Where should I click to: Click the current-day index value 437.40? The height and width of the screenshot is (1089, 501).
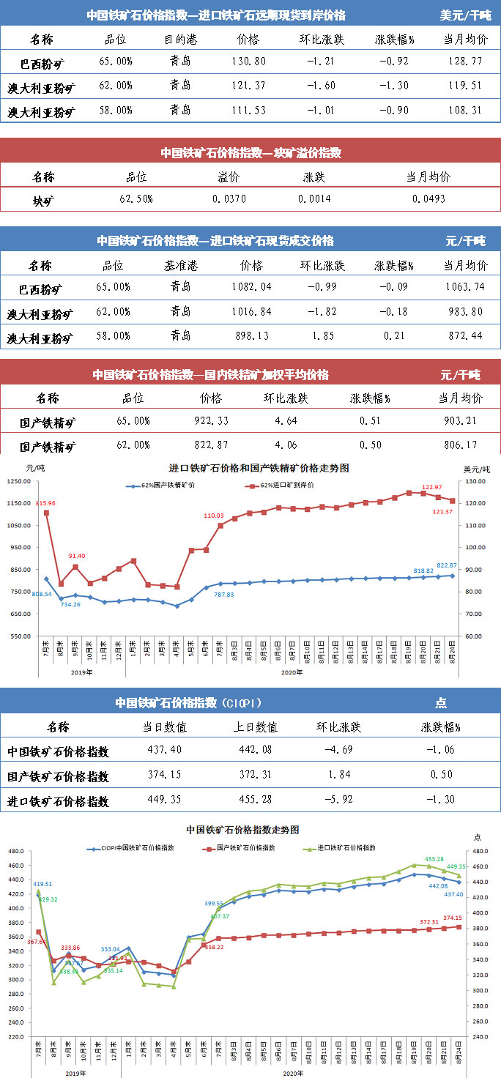click(x=164, y=751)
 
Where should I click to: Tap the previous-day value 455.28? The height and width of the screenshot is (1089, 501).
click(x=259, y=800)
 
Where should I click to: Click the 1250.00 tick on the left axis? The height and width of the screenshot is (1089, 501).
click(x=20, y=481)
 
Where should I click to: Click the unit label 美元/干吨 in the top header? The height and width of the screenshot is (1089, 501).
click(x=466, y=15)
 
